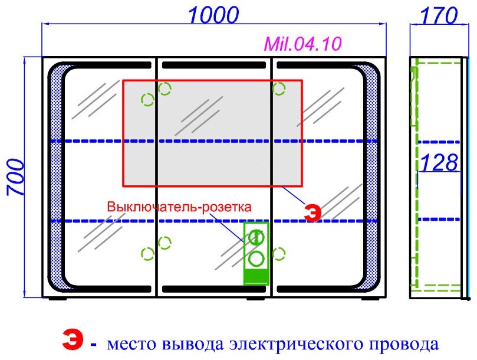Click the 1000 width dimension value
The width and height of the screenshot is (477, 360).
(213, 14)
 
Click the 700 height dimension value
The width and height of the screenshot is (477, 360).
(15, 177)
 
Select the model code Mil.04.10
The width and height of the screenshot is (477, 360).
(302, 44)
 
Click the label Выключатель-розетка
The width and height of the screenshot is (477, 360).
(179, 207)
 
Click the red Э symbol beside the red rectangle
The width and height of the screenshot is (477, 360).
(313, 212)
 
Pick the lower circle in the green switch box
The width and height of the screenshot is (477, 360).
(256, 258)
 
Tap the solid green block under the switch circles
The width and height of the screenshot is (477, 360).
(256, 275)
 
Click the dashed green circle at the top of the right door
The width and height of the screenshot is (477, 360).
(278, 89)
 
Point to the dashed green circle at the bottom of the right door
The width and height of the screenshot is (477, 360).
(278, 254)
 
